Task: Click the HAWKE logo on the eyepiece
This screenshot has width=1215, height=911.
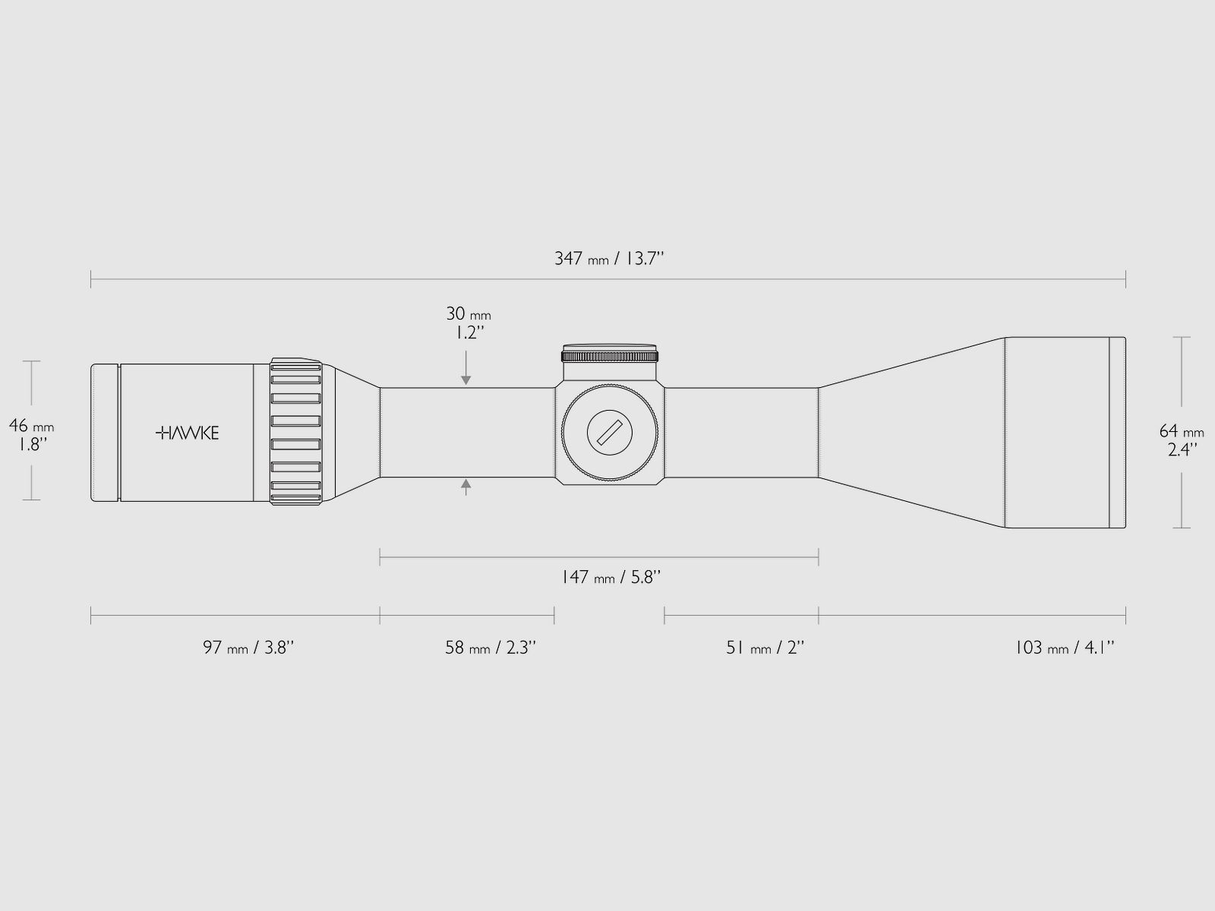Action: point(187,433)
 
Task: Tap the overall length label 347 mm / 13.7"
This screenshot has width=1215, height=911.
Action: point(609,258)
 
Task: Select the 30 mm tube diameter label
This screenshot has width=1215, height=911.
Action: point(469,314)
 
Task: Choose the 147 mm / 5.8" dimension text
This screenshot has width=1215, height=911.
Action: point(611,578)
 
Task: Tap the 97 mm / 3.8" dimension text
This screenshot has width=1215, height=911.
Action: point(248,647)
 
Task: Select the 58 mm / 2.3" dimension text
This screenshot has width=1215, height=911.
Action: point(491,647)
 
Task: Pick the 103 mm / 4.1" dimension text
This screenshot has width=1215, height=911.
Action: point(1065,647)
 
